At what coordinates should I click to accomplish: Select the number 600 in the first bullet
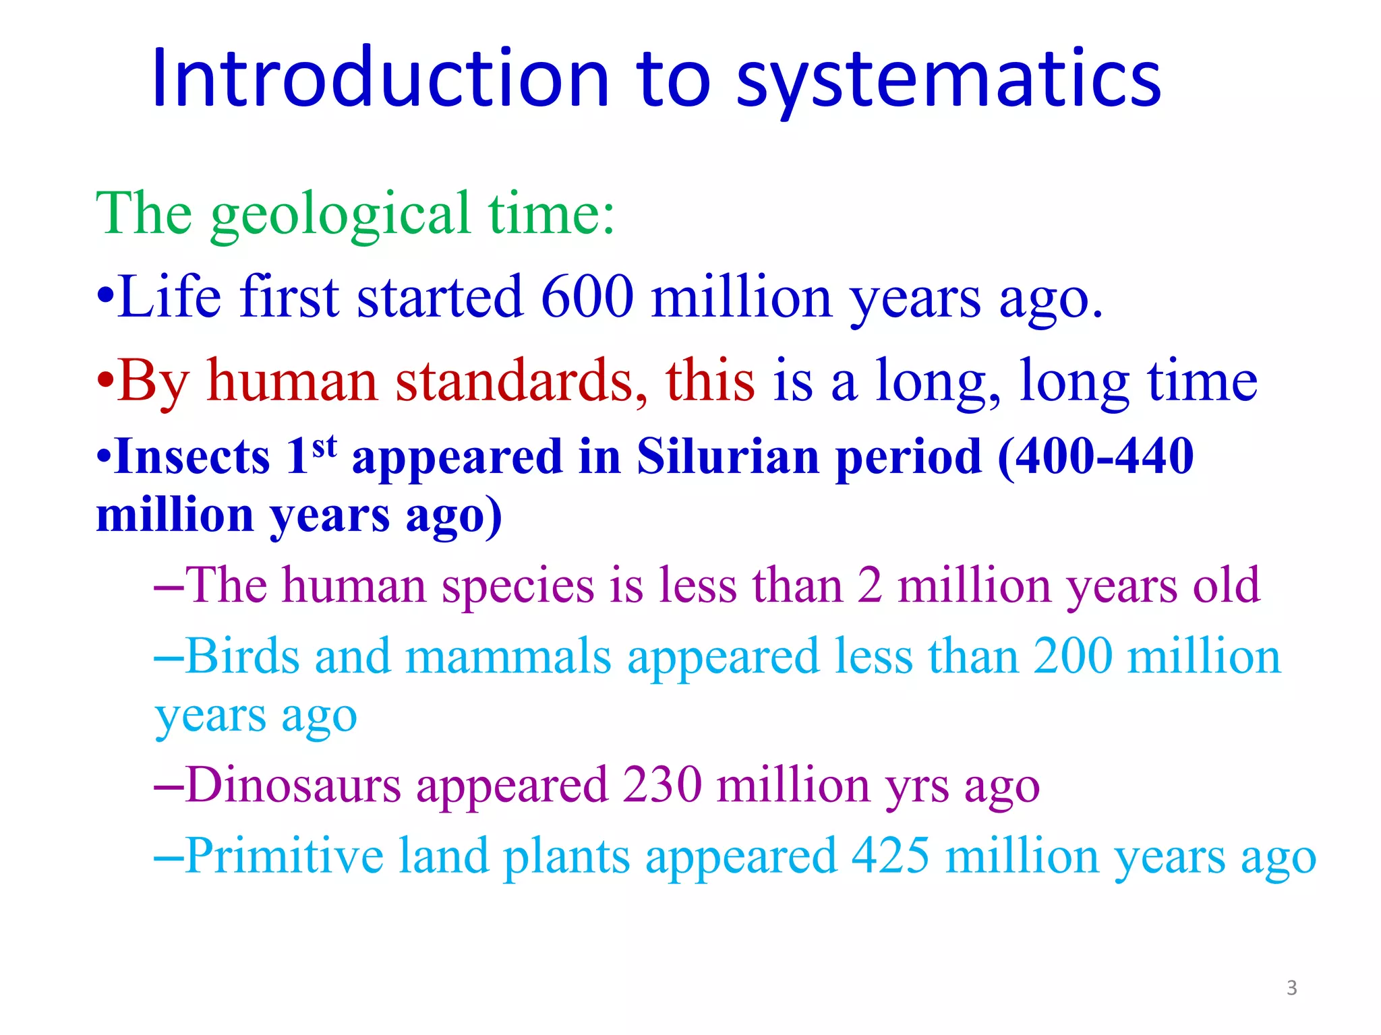[x=587, y=298]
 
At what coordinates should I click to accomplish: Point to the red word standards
[x=521, y=381]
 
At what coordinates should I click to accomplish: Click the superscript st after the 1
[x=324, y=445]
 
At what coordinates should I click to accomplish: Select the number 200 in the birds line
[x=1072, y=657]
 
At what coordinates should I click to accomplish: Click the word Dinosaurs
[x=293, y=786]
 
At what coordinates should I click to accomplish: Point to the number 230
[x=662, y=786]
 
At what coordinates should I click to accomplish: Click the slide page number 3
[x=1291, y=988]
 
